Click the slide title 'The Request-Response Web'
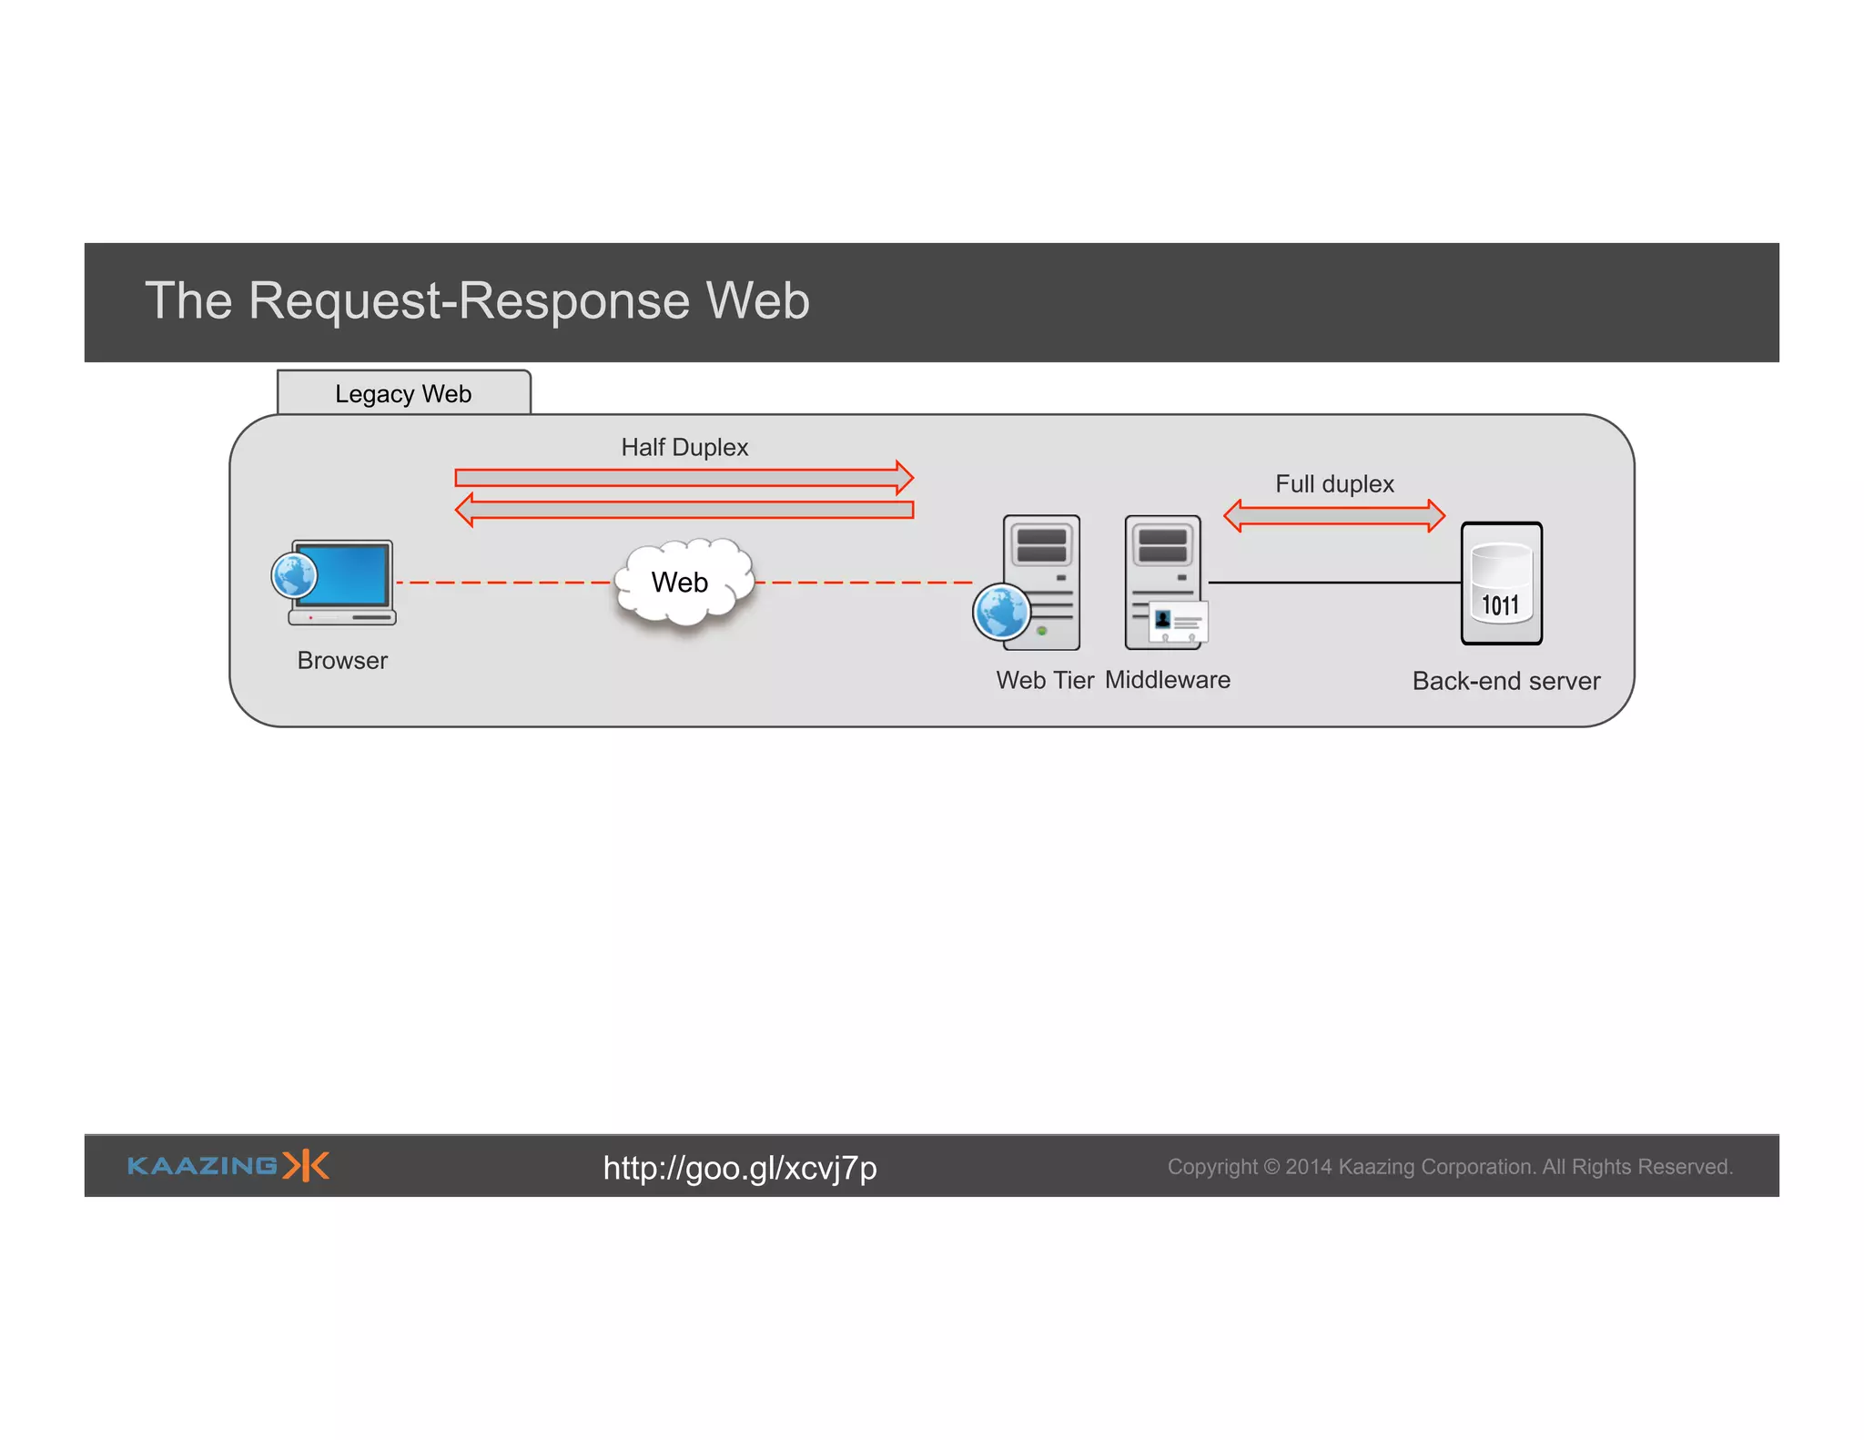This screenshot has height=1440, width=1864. (477, 300)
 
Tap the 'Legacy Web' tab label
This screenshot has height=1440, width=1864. (403, 394)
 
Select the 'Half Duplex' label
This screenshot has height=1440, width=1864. (684, 447)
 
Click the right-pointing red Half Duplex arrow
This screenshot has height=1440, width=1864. (683, 477)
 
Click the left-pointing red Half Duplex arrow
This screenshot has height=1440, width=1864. (683, 509)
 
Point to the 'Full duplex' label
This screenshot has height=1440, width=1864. (1334, 483)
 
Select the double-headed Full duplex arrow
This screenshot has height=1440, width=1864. (1334, 516)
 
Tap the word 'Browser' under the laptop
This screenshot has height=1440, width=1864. (342, 661)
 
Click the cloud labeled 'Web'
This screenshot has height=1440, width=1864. (683, 583)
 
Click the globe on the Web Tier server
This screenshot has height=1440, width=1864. (1001, 613)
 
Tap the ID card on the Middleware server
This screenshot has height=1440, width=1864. (1179, 624)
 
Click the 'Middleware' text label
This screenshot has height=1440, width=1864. (1168, 680)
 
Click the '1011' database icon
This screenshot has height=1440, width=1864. (1501, 583)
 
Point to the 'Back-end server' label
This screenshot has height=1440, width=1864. (1506, 681)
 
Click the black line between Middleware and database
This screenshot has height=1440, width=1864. (1334, 583)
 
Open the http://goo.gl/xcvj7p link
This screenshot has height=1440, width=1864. (740, 1168)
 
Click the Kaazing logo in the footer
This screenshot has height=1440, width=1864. (228, 1166)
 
